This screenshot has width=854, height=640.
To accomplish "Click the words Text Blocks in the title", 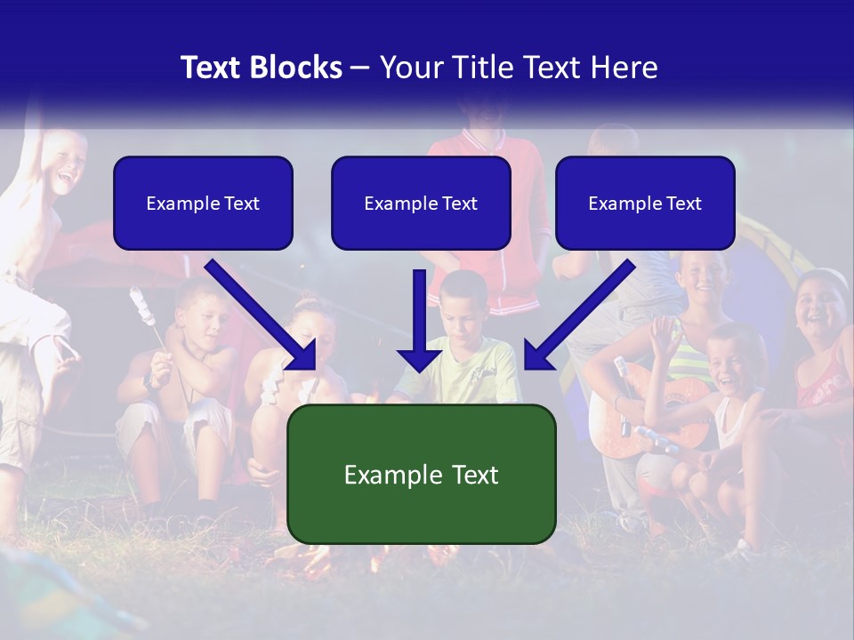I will coord(262,68).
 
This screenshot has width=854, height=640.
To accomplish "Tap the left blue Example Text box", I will coord(203,204).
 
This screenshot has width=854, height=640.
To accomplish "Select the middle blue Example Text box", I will coord(421,204).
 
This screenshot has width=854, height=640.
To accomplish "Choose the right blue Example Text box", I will coord(645,204).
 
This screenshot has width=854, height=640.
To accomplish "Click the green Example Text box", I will coord(421,474).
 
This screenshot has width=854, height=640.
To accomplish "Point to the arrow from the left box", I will coord(262,316).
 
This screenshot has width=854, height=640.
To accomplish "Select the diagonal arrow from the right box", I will coord(578,316).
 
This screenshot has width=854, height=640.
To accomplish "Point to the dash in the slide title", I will coord(360,68).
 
